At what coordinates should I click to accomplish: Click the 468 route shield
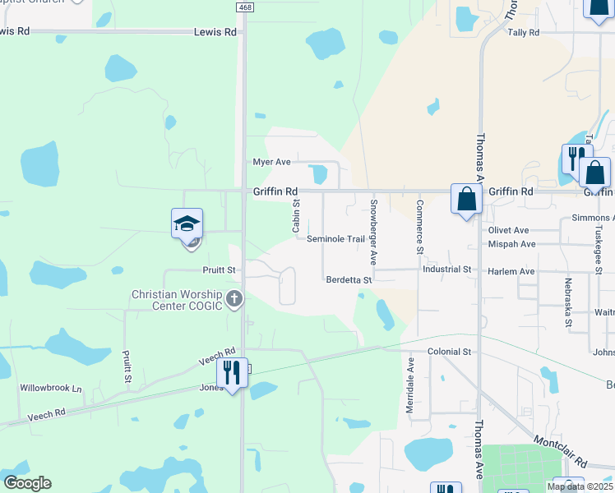[x=244, y=7]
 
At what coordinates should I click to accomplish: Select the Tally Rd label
[x=523, y=33]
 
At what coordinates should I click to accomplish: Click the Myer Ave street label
[x=271, y=162]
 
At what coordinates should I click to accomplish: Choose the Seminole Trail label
[x=335, y=239]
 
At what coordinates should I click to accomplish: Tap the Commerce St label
[x=419, y=226]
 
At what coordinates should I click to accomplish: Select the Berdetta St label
[x=349, y=280]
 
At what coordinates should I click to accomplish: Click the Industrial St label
[x=447, y=270]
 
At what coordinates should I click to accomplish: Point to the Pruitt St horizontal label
[x=220, y=270]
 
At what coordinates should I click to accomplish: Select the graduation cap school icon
[x=187, y=223]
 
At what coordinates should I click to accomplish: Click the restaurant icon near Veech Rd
[x=232, y=373]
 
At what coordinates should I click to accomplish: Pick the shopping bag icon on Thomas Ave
[x=466, y=199]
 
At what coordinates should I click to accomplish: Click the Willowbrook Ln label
[x=52, y=388]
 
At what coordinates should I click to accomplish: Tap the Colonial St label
[x=449, y=352]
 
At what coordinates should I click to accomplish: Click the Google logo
[x=27, y=483]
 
